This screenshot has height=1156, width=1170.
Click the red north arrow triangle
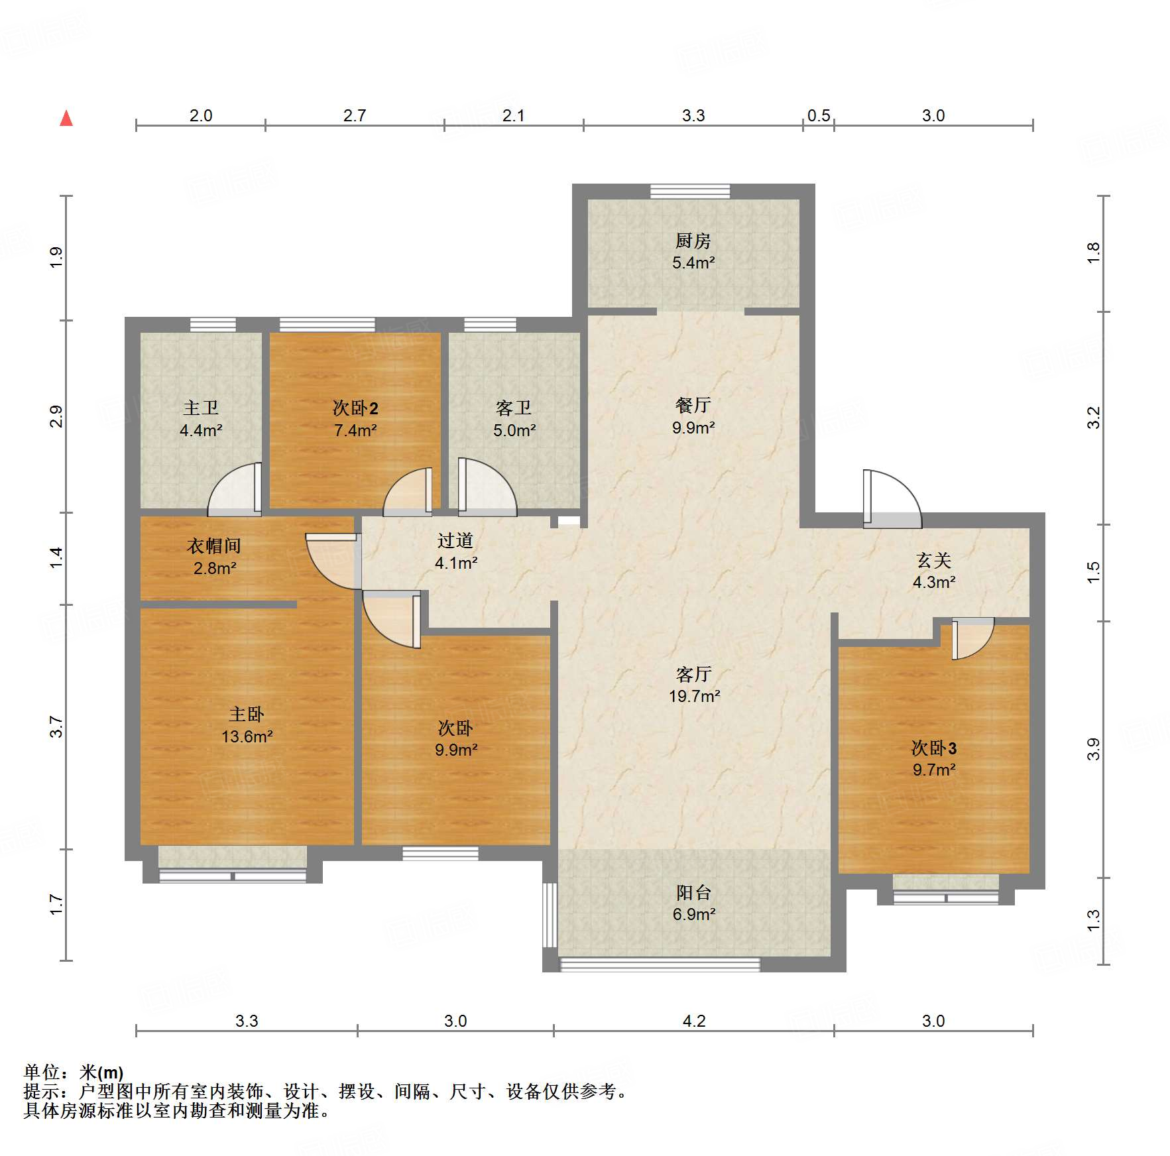(x=66, y=119)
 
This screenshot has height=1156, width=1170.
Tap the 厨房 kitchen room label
(x=693, y=241)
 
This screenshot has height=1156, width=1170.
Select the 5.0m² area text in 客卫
(x=514, y=431)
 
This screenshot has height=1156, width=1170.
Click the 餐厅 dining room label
(x=693, y=405)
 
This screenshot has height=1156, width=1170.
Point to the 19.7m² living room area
(x=694, y=696)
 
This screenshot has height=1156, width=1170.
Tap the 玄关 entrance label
(x=933, y=561)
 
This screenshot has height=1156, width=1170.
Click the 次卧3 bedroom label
(x=933, y=748)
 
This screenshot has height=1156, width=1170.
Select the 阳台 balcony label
(x=693, y=893)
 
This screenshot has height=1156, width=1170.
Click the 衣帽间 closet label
(x=213, y=546)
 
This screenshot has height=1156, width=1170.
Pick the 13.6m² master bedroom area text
(x=247, y=736)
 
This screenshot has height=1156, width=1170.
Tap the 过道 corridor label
(x=455, y=541)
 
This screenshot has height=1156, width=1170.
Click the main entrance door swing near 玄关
(x=892, y=497)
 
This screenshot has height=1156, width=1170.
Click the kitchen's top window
(x=689, y=192)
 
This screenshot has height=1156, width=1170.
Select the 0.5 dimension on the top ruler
(x=819, y=116)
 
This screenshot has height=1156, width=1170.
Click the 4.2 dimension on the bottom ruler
(x=694, y=1021)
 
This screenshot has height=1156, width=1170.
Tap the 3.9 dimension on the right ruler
(x=1093, y=749)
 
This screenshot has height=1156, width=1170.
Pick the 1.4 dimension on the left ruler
(x=57, y=557)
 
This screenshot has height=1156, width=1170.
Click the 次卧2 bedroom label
(x=355, y=408)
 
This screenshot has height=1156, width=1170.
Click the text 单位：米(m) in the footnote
(x=74, y=1072)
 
